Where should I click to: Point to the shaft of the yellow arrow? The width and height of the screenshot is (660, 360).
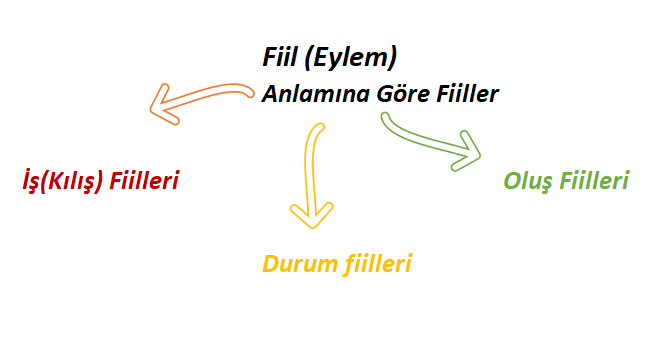(311, 160)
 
